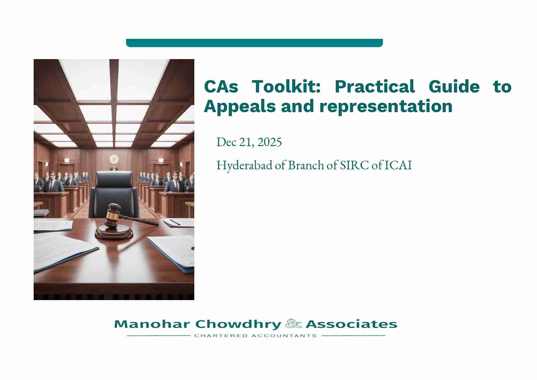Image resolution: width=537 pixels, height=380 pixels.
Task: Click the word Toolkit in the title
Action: coord(286,87)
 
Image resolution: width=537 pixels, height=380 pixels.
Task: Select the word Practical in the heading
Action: coord(375,87)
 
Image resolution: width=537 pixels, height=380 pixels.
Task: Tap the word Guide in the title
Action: coord(454,87)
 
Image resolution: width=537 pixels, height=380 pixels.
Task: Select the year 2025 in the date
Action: coord(270,142)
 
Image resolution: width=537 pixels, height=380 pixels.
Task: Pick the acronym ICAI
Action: coord(398,165)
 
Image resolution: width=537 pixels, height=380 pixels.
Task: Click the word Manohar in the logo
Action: coord(152,324)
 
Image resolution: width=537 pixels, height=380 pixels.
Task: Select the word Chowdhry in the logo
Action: coord(238,324)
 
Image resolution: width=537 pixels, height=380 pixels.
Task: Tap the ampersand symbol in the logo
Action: coord(293,324)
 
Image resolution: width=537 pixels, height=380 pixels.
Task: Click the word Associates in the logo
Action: coord(351,324)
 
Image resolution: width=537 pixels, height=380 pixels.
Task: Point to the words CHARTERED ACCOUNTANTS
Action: coord(255,336)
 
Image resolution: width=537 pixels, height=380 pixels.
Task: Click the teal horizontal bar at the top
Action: coord(254,43)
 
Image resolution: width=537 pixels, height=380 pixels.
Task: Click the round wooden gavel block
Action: coord(114,232)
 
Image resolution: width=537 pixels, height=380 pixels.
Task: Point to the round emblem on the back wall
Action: coord(114,159)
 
